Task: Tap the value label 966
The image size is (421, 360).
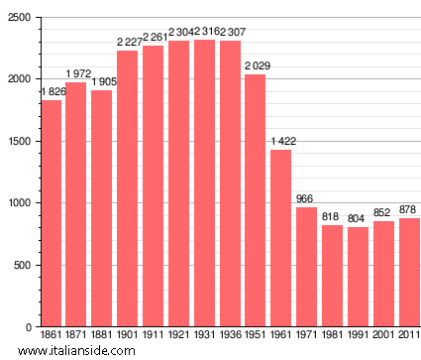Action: [307, 199]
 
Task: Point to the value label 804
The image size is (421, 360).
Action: [358, 219]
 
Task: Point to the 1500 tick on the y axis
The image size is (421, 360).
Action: [18, 142]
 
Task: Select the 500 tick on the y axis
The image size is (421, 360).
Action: [21, 266]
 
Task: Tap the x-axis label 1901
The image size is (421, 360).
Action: [128, 336]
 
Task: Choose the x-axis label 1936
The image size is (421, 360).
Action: [230, 336]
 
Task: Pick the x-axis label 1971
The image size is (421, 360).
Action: [307, 336]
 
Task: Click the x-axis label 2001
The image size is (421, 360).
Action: [383, 336]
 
